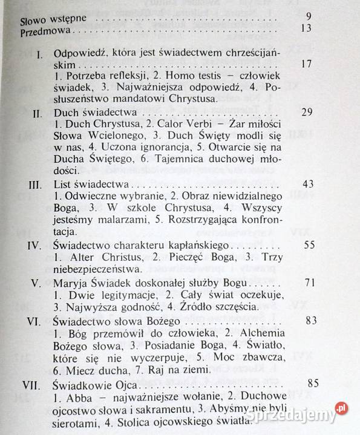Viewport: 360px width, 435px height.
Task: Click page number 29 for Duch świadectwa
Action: pyautogui.click(x=307, y=113)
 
